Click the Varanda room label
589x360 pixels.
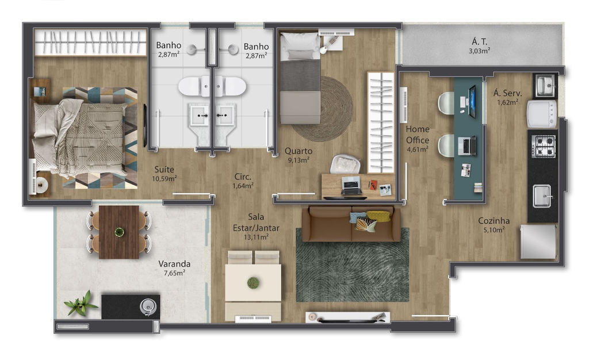tap(174, 263)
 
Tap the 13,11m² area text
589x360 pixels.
tap(256, 237)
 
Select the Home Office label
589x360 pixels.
tap(418, 135)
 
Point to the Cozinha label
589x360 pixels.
tap(494, 221)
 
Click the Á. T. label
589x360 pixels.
tap(479, 41)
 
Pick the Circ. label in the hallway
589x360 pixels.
tap(243, 177)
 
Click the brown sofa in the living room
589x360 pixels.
tap(351, 224)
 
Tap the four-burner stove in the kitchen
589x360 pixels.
tap(543, 146)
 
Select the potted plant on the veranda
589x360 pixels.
tap(79, 302)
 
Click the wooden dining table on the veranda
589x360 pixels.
tap(119, 232)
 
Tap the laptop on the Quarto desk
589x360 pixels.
tap(352, 185)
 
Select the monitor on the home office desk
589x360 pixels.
tap(472, 101)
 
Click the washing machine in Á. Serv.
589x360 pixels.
tap(542, 113)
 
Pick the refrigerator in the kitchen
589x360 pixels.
tap(538, 242)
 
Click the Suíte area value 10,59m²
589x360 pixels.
tap(164, 179)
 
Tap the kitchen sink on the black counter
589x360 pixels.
tap(542, 196)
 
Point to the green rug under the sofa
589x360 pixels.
tap(353, 265)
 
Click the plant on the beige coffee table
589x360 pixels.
tap(253, 283)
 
